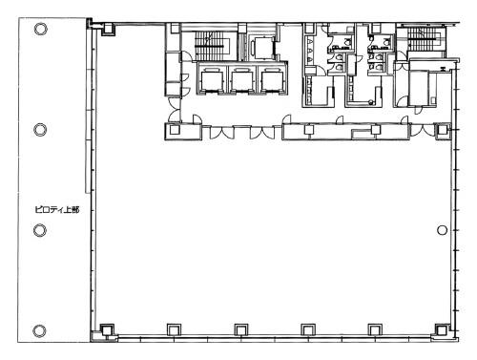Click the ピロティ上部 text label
[57, 210]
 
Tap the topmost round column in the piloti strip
[40, 29]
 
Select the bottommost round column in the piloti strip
[39, 331]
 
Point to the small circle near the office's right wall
[442, 230]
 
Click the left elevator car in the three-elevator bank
[212, 80]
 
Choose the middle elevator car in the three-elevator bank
[241, 80]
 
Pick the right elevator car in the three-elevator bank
[272, 80]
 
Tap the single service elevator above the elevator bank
[262, 48]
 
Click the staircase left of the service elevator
[210, 46]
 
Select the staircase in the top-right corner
[422, 39]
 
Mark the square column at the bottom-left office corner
[107, 330]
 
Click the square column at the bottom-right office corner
[442, 330]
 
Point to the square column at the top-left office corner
[109, 30]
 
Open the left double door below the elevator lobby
[221, 133]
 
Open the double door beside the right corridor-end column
[423, 131]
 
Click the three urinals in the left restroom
[309, 51]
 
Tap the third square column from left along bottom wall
[241, 329]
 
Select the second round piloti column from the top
[40, 130]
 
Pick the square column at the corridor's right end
[442, 130]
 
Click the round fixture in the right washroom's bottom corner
[370, 102]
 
